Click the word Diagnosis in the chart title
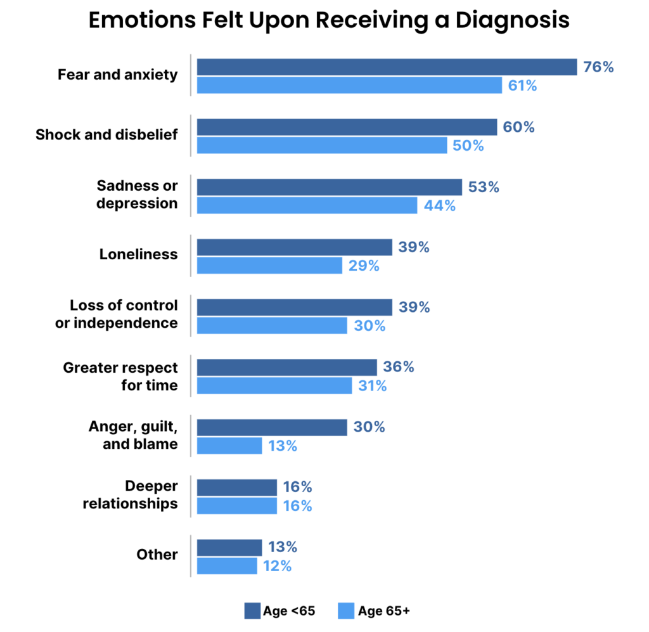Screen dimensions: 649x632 click(x=512, y=20)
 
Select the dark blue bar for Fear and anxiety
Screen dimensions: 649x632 click(x=387, y=67)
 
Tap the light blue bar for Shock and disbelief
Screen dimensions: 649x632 click(x=322, y=145)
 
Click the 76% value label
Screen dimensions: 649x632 click(x=598, y=67)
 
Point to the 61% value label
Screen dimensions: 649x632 click(x=522, y=86)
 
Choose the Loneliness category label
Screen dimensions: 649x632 click(x=138, y=254)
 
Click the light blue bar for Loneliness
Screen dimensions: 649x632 click(x=269, y=266)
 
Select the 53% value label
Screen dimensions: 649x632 click(x=484, y=187)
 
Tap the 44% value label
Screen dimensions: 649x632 click(x=440, y=205)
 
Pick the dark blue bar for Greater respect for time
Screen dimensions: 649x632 click(x=287, y=367)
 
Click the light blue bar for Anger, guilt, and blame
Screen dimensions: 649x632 click(x=229, y=446)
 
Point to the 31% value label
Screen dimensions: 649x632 click(x=372, y=386)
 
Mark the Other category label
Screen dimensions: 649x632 click(x=157, y=555)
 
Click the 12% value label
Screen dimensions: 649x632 click(x=278, y=566)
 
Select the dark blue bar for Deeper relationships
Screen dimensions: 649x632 click(x=237, y=487)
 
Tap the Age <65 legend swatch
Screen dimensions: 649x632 click(x=252, y=610)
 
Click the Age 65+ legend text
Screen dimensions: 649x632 click(x=383, y=611)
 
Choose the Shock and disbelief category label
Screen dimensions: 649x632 click(x=106, y=134)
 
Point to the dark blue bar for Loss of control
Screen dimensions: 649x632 click(x=294, y=307)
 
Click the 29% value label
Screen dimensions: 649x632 click(x=364, y=266)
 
